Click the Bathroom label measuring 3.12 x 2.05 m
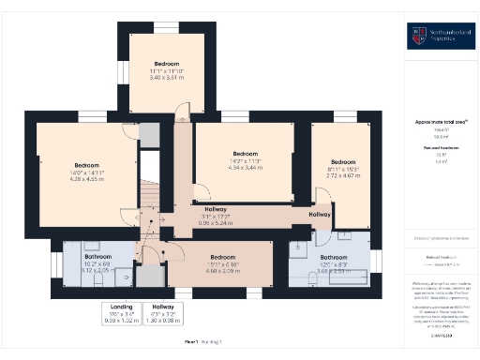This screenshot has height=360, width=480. tap(98, 263)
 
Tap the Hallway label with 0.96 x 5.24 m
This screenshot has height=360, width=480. tap(216, 217)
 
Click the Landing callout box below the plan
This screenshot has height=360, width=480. tap(122, 311)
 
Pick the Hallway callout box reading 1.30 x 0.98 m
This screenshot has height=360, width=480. tap(164, 311)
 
